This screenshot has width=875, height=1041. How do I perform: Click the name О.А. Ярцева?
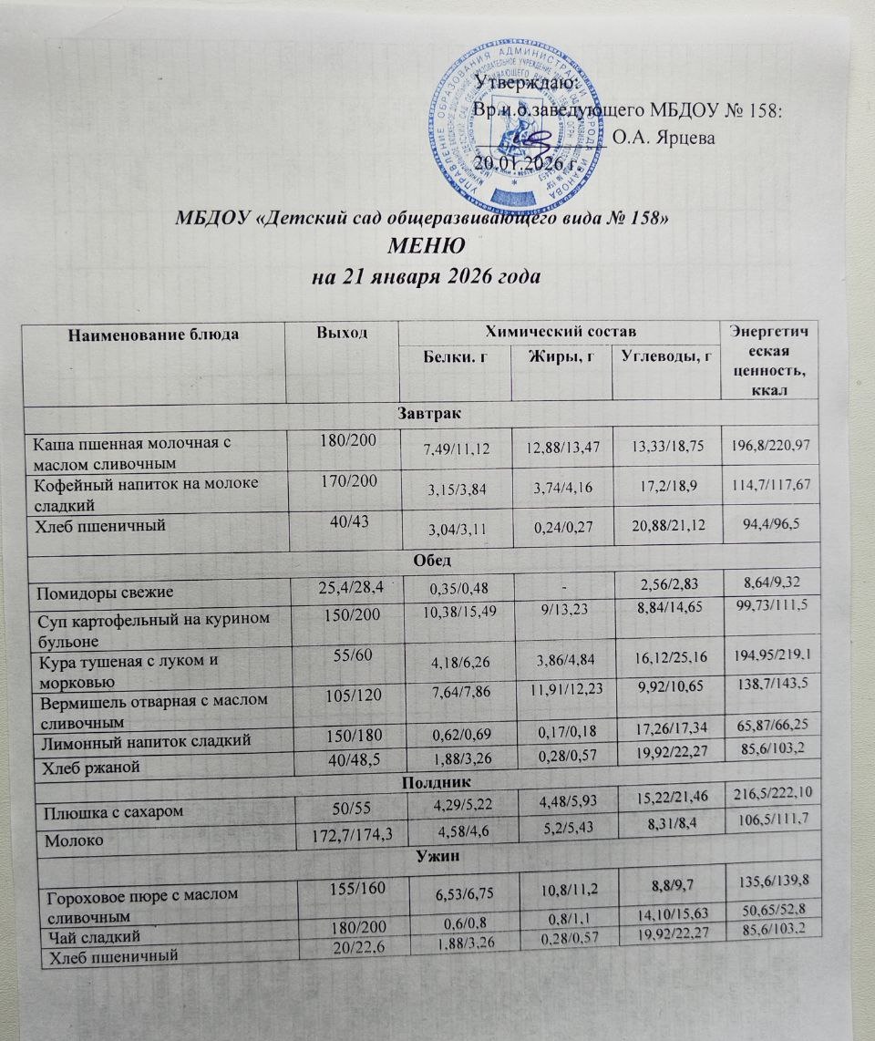tap(664, 139)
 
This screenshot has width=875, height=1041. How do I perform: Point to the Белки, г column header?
tap(454, 355)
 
